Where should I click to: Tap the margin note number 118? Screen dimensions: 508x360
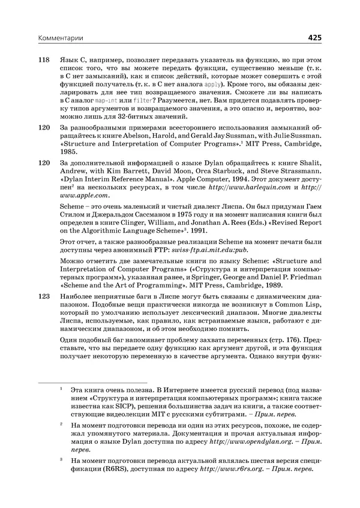click(x=43, y=61)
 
